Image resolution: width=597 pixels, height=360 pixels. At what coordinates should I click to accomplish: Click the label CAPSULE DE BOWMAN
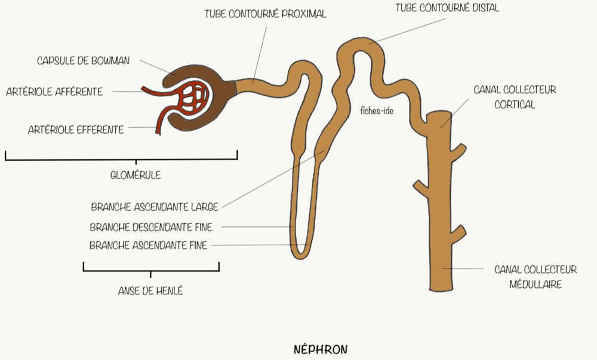83,60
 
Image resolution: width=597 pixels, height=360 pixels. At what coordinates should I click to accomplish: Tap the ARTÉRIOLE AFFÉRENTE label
54,92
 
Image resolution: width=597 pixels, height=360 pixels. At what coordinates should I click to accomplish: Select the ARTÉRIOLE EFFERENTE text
76,130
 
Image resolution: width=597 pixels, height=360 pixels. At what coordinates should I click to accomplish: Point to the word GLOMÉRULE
136,176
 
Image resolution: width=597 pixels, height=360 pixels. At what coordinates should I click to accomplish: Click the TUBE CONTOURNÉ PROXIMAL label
265,14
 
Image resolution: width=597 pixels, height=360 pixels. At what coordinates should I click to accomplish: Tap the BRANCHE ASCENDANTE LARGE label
154,208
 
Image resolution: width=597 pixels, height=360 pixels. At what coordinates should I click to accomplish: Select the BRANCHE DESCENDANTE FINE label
151,227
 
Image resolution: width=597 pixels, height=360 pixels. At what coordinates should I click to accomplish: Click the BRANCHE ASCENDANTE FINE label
148,245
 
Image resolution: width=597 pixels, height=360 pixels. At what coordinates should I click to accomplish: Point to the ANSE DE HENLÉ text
150,291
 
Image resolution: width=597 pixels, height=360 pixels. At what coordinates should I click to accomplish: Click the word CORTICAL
515,104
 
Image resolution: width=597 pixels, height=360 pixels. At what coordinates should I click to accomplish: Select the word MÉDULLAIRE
535,285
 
